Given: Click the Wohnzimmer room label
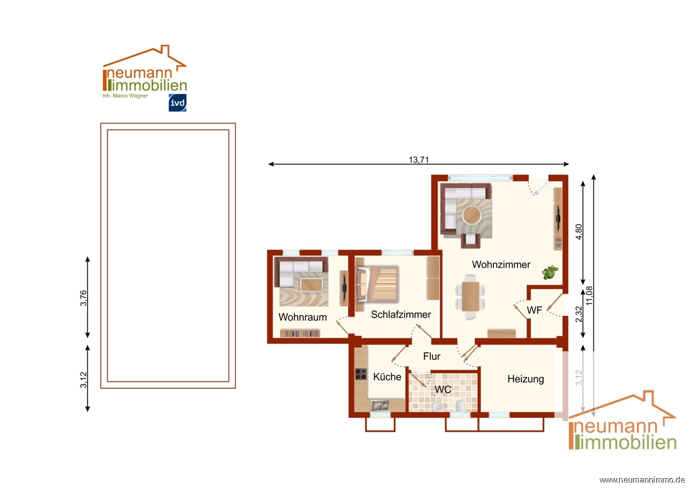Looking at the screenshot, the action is [x=501, y=265].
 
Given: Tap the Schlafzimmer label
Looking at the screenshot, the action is [x=401, y=315].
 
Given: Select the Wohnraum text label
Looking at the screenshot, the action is [x=302, y=317].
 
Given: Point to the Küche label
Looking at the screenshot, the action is [x=387, y=377].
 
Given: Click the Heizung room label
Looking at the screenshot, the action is [x=526, y=379].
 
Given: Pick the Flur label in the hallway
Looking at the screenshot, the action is [x=431, y=356].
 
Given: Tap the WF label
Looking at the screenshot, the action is [x=534, y=310].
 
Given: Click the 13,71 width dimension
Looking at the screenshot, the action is [x=419, y=160].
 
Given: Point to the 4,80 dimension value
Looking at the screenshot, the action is [x=578, y=232].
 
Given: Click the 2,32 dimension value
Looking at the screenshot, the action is [x=578, y=314].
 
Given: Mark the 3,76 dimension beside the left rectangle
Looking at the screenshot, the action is [x=83, y=298].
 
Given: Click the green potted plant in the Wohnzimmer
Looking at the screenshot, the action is [x=550, y=272].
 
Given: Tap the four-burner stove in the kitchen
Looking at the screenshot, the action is [x=360, y=374].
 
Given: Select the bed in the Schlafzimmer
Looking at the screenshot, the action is [x=377, y=284].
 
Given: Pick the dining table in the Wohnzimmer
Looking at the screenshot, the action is [x=470, y=296].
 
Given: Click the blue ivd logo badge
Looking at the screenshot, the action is [x=178, y=102].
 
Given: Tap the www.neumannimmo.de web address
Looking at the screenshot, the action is [x=642, y=480].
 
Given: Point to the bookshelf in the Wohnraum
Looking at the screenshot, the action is [x=300, y=333].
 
